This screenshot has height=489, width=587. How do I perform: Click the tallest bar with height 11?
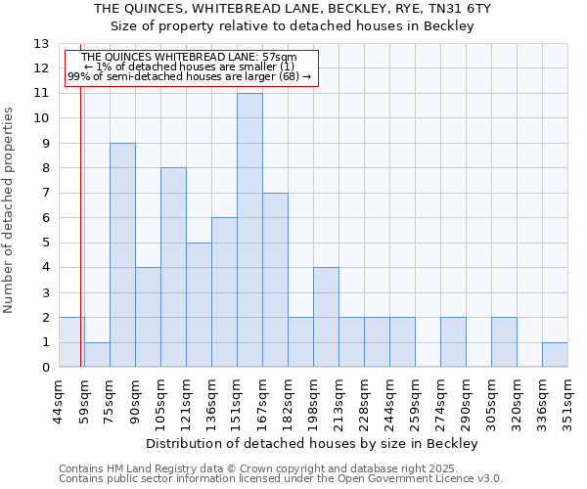click(249, 230)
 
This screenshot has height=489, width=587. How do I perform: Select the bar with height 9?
click(122, 255)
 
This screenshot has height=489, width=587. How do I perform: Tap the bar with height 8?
click(173, 267)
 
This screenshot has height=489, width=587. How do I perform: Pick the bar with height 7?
click(275, 280)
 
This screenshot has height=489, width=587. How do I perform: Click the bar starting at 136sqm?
click(224, 292)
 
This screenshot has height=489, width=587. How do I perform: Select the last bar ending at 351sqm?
click(555, 355)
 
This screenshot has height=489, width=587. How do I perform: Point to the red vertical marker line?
click(80, 244)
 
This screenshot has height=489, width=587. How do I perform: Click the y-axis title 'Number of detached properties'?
click(10, 210)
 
